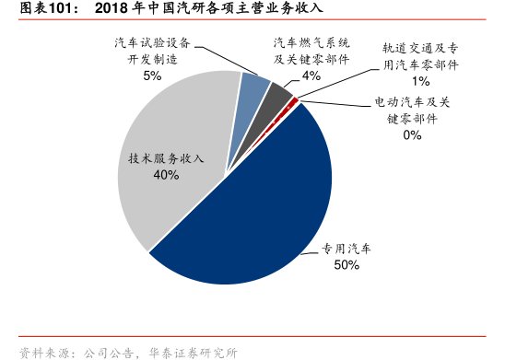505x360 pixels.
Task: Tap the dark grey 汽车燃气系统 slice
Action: coord(277,90)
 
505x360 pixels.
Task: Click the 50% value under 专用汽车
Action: coord(346,265)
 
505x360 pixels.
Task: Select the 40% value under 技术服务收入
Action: coord(166,175)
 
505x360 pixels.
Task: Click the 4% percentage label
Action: coord(311,75)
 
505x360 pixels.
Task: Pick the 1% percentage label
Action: coord(420,82)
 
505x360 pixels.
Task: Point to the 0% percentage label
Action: coord(411,135)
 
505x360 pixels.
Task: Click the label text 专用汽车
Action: coord(346,250)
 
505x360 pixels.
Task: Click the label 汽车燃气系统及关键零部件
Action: coord(311,51)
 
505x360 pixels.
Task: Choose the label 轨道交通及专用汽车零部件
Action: coord(420,56)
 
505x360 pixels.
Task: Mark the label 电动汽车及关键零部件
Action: coord(411,110)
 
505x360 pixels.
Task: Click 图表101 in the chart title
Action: coord(29,9)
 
